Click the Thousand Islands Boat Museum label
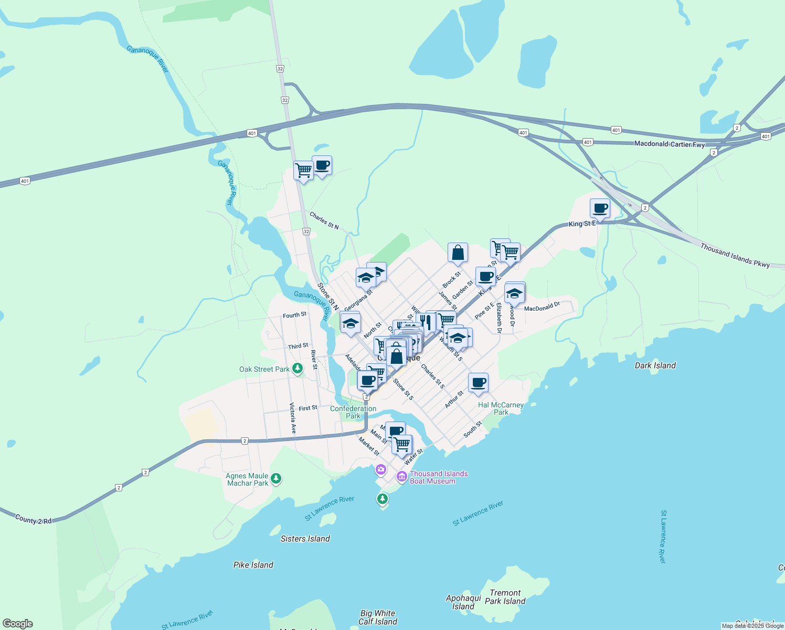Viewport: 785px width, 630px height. pyautogui.click(x=439, y=477)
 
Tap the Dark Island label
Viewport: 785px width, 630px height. pyautogui.click(x=655, y=365)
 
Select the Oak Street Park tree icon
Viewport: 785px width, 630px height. pyautogui.click(x=298, y=369)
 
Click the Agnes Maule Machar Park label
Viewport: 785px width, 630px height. pyautogui.click(x=247, y=479)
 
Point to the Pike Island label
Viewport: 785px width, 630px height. pyautogui.click(x=253, y=565)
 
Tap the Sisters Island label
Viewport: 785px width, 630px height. pyautogui.click(x=305, y=539)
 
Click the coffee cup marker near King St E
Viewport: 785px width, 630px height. pyautogui.click(x=600, y=208)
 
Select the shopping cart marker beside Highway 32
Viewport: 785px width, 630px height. pyautogui.click(x=303, y=170)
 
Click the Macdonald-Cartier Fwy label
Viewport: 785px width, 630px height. pyautogui.click(x=669, y=144)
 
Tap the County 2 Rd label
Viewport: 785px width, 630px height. pyautogui.click(x=34, y=520)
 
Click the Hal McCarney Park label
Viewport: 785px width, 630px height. pyautogui.click(x=501, y=408)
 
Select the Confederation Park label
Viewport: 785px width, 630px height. pyautogui.click(x=353, y=412)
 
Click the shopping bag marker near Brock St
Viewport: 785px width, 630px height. pyautogui.click(x=458, y=253)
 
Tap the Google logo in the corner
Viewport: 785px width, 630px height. pyautogui.click(x=17, y=623)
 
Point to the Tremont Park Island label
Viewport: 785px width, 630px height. pyautogui.click(x=505, y=597)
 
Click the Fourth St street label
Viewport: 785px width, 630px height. pyautogui.click(x=294, y=315)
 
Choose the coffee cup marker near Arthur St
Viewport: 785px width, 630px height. pyautogui.click(x=478, y=383)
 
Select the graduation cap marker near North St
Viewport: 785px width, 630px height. pyautogui.click(x=350, y=323)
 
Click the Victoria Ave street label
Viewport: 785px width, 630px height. pyautogui.click(x=293, y=418)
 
